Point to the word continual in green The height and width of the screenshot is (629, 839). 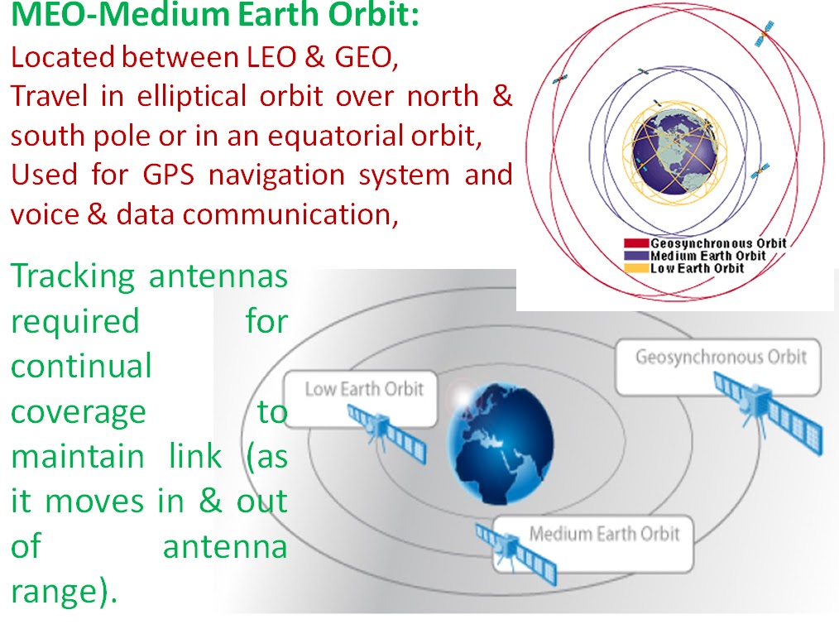tap(81, 366)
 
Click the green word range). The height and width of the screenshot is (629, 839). tap(63, 592)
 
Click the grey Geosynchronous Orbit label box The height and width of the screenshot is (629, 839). tap(720, 358)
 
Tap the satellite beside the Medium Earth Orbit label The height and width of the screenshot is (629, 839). tap(517, 550)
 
